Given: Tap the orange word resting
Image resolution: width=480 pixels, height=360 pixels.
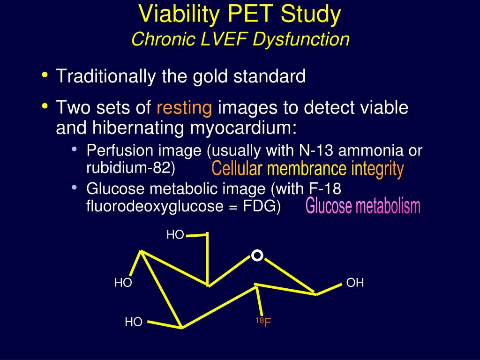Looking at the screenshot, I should click(184, 108).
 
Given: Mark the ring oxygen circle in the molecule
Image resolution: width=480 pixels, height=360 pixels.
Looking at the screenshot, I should click(257, 255).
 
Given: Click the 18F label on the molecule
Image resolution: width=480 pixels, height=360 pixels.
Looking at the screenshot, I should click(263, 322).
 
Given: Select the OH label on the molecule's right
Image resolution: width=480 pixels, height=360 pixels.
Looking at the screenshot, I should click(355, 283).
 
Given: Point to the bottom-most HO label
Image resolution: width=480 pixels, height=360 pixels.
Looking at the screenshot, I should click(134, 322).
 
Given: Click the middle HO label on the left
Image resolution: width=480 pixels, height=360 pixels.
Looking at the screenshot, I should click(123, 283).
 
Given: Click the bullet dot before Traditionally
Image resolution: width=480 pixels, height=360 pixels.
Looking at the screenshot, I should click(45, 75).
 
